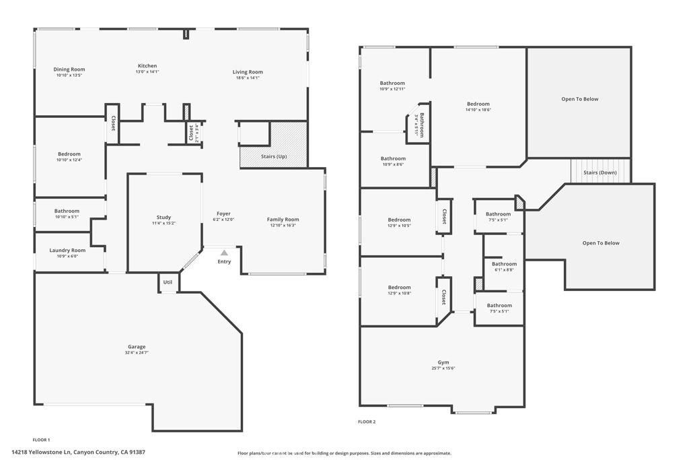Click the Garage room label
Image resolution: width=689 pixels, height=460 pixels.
(137, 347)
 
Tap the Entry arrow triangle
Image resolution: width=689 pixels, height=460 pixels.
(224, 253)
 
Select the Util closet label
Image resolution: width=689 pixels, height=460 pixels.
(168, 282)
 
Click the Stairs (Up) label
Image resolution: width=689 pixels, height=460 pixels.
(274, 156)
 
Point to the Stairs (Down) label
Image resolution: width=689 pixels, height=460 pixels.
(600, 172)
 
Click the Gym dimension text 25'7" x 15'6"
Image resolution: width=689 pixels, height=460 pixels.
(443, 368)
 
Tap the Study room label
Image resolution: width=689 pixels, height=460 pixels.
(164, 217)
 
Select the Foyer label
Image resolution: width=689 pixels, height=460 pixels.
(223, 213)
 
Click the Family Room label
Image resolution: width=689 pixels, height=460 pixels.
(283, 219)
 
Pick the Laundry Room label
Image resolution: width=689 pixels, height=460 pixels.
(68, 250)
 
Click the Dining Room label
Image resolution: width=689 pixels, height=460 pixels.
(69, 69)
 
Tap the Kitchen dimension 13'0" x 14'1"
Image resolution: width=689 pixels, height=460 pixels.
(147, 71)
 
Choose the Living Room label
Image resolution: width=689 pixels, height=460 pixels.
(248, 71)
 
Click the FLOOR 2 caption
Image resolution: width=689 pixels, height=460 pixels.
(367, 422)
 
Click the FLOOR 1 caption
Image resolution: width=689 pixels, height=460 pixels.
(42, 440)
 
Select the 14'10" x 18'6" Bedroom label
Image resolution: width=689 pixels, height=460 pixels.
(478, 104)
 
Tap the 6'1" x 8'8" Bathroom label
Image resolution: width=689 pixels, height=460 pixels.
(504, 264)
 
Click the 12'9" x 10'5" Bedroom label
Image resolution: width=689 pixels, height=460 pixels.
(399, 220)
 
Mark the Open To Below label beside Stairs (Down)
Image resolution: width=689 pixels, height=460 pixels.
(601, 243)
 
